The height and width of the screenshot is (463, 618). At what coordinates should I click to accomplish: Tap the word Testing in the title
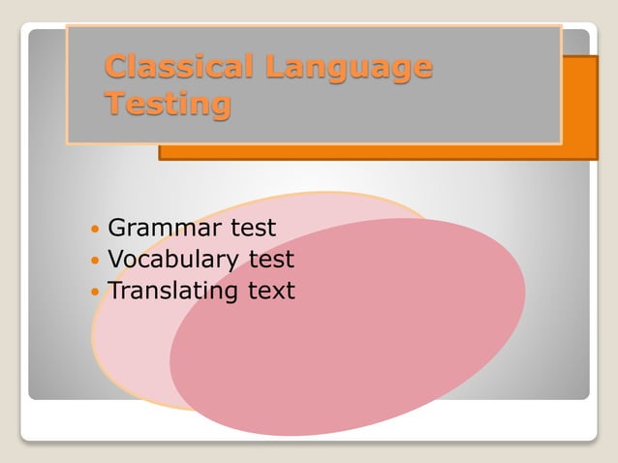coord(168,102)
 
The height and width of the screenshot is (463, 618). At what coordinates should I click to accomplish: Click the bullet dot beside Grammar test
coord(94,231)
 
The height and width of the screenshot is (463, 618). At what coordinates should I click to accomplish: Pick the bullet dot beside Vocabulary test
coord(94,262)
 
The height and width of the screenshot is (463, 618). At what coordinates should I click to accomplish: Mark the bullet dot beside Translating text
coord(94,292)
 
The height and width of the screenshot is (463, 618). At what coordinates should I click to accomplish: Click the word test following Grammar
coord(252,229)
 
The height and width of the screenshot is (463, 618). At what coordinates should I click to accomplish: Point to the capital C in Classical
coord(117,67)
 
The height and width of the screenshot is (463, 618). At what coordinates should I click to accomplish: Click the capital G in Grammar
coord(118,229)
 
